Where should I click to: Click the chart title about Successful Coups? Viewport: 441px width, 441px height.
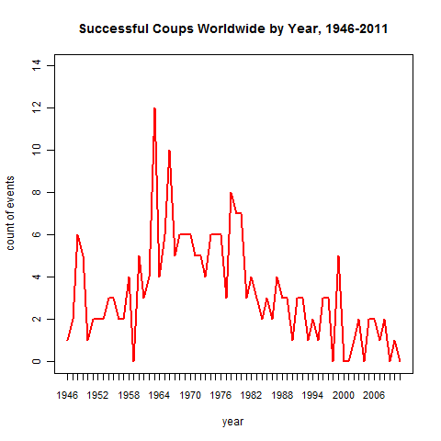(x=233, y=28)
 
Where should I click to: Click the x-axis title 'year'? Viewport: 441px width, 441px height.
(x=233, y=422)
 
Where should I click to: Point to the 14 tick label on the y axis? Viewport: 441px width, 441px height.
(x=36, y=65)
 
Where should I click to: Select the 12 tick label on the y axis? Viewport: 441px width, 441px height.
(x=36, y=107)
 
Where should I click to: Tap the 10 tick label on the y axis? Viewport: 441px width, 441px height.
(x=36, y=150)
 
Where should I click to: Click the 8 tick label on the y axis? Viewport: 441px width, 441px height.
(x=36, y=192)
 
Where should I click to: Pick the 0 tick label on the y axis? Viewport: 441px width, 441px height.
(x=36, y=361)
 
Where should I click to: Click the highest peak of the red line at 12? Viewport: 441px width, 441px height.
(x=154, y=108)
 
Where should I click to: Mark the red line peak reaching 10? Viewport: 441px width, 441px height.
(x=169, y=151)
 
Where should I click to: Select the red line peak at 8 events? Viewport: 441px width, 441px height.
(x=231, y=193)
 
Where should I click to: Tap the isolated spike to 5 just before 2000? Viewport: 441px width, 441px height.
(x=338, y=256)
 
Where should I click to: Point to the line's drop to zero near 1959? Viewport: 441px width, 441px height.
(x=133, y=360)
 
